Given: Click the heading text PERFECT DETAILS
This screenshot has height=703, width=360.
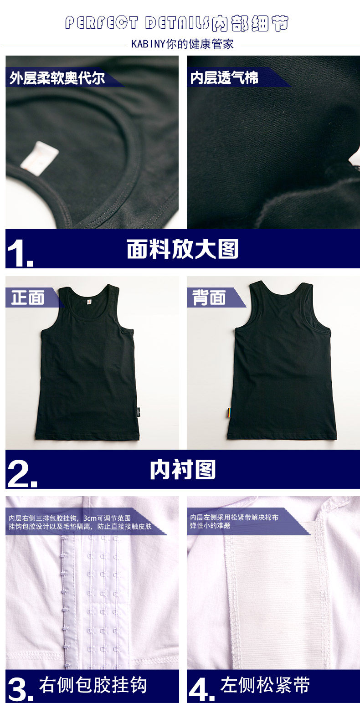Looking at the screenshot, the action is pos(137,23).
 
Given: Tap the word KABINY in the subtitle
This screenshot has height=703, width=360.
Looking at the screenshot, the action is pos(148,44).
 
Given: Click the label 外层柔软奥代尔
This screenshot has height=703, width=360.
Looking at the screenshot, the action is pos(57,78).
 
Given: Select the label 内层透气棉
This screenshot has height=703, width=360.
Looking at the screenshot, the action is pos(224,77).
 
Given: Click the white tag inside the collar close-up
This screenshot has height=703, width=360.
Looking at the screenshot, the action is pos(40,158).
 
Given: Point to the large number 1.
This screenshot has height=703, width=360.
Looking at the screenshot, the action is pos(20,254).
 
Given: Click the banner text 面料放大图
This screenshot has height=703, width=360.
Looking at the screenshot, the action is pos(182,249).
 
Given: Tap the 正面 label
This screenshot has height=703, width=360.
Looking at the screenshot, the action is pos(28,297).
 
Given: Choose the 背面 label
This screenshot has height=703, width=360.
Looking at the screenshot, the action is pos(209,297).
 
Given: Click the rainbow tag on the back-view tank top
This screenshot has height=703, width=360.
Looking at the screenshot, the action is pos(229,413).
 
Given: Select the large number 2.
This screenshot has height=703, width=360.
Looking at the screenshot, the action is pos(22,474).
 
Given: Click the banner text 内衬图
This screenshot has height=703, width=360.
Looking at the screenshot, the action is pos(183,470).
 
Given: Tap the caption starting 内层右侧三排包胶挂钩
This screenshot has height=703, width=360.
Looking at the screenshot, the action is pos(80,522).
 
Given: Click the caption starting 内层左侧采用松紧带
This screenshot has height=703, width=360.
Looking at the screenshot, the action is pos(234,521).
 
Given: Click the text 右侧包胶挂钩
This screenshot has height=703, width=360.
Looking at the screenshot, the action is pos(93,685).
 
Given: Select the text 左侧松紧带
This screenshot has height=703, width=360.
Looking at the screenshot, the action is pos(265,685).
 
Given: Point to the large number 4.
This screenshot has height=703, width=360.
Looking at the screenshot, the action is pos(201,689).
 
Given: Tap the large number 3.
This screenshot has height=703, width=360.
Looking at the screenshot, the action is pos(21,689).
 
